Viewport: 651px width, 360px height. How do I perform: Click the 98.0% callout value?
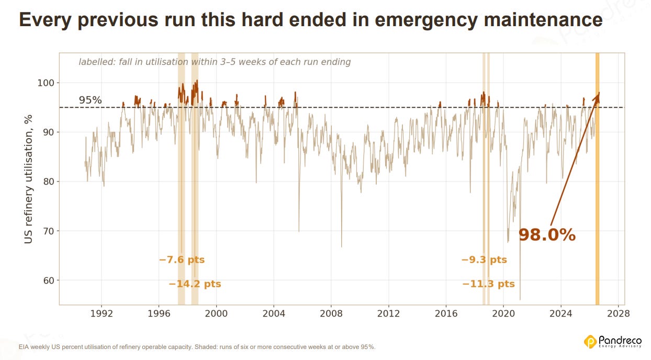(x=547, y=235)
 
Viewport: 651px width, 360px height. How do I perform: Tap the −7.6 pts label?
(x=182, y=260)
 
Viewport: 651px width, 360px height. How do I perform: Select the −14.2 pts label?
(x=195, y=284)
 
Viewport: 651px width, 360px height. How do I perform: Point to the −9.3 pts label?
(x=484, y=260)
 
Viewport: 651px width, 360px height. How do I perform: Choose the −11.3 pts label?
(x=488, y=284)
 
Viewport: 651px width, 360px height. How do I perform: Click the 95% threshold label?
(x=90, y=100)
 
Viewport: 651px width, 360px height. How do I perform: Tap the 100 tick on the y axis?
(x=46, y=83)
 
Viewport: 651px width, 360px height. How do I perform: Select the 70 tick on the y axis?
(x=49, y=231)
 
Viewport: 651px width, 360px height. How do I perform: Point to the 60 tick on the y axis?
(x=49, y=280)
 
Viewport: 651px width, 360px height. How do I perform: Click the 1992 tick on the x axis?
(x=102, y=314)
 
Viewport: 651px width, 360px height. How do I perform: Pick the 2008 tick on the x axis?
(x=331, y=314)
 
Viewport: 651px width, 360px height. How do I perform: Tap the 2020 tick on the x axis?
(x=503, y=314)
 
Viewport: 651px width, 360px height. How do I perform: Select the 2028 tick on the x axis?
(x=619, y=314)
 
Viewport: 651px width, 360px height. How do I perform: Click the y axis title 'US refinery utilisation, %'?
(x=28, y=179)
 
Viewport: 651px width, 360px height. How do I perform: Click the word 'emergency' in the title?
(x=426, y=20)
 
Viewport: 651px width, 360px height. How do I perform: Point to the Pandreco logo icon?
(x=590, y=342)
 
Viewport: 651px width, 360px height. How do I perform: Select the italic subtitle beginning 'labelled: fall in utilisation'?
(x=215, y=62)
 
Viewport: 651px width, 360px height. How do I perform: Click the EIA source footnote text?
(x=197, y=347)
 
